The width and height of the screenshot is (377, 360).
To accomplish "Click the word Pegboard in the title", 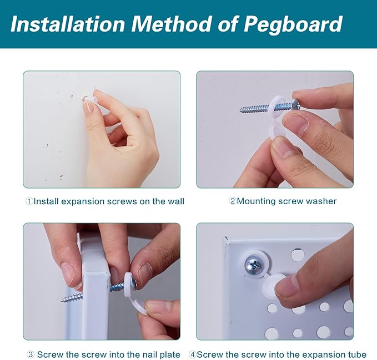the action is (x=293, y=24).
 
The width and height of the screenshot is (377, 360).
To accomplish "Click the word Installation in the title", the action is (x=68, y=23).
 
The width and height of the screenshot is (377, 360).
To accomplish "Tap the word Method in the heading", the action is (x=171, y=23).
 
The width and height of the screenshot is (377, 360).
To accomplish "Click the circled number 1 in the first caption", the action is (x=29, y=201).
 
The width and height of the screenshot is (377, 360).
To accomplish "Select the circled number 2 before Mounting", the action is (x=233, y=201).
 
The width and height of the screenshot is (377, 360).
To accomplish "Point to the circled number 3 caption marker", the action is (x=31, y=354).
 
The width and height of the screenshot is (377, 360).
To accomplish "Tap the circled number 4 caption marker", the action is (x=192, y=354).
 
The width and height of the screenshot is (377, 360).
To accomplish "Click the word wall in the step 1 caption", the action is (x=176, y=201).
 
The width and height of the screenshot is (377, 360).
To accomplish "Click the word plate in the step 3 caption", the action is (x=169, y=354).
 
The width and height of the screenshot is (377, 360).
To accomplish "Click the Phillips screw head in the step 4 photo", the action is (x=255, y=265).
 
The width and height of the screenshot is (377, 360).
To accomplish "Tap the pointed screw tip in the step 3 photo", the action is (x=63, y=300).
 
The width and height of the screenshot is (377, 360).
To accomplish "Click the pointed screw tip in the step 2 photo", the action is (x=241, y=110).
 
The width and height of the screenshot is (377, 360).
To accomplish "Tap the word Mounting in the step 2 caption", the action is (x=257, y=201).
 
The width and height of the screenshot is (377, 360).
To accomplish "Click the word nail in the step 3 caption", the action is (x=147, y=354).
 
